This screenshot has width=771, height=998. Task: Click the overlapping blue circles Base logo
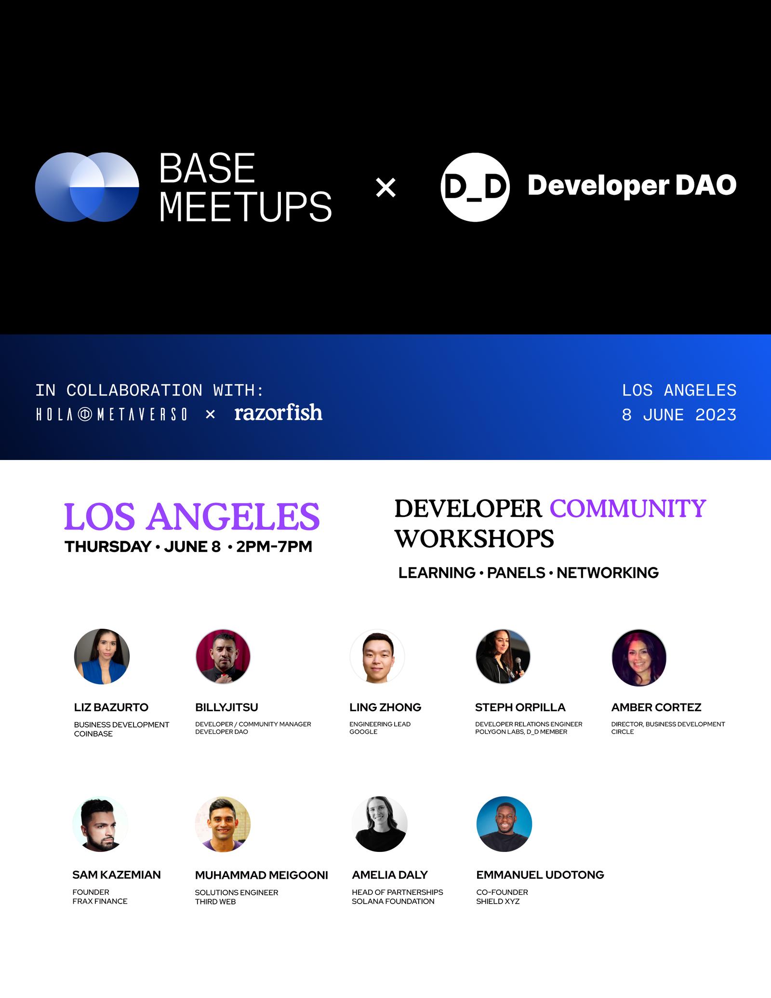(x=87, y=187)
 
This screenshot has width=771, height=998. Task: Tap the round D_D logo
(x=475, y=187)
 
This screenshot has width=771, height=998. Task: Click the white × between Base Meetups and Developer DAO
(x=385, y=188)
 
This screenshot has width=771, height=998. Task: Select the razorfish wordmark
(x=279, y=413)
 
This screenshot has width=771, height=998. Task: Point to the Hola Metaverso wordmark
(x=112, y=414)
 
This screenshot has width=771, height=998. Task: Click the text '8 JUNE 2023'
(x=679, y=415)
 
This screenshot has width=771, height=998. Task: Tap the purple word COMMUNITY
(x=628, y=509)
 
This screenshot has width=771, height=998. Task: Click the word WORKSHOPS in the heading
(x=475, y=539)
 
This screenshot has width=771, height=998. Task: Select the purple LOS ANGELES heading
(x=192, y=516)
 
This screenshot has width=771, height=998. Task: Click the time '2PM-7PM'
(x=274, y=547)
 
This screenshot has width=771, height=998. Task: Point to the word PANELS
(x=516, y=573)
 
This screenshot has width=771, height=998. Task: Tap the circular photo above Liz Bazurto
(x=102, y=656)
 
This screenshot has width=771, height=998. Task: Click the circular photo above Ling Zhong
(x=377, y=656)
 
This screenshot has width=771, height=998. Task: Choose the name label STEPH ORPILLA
(x=520, y=707)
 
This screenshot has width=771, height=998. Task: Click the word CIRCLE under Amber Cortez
(x=623, y=732)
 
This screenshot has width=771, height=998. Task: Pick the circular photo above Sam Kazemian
(x=100, y=824)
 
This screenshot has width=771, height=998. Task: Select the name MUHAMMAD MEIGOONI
(x=262, y=875)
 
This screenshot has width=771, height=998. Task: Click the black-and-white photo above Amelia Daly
(x=380, y=824)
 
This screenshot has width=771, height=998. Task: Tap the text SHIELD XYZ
(x=498, y=902)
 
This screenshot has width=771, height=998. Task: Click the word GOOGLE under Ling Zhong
(x=363, y=732)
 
